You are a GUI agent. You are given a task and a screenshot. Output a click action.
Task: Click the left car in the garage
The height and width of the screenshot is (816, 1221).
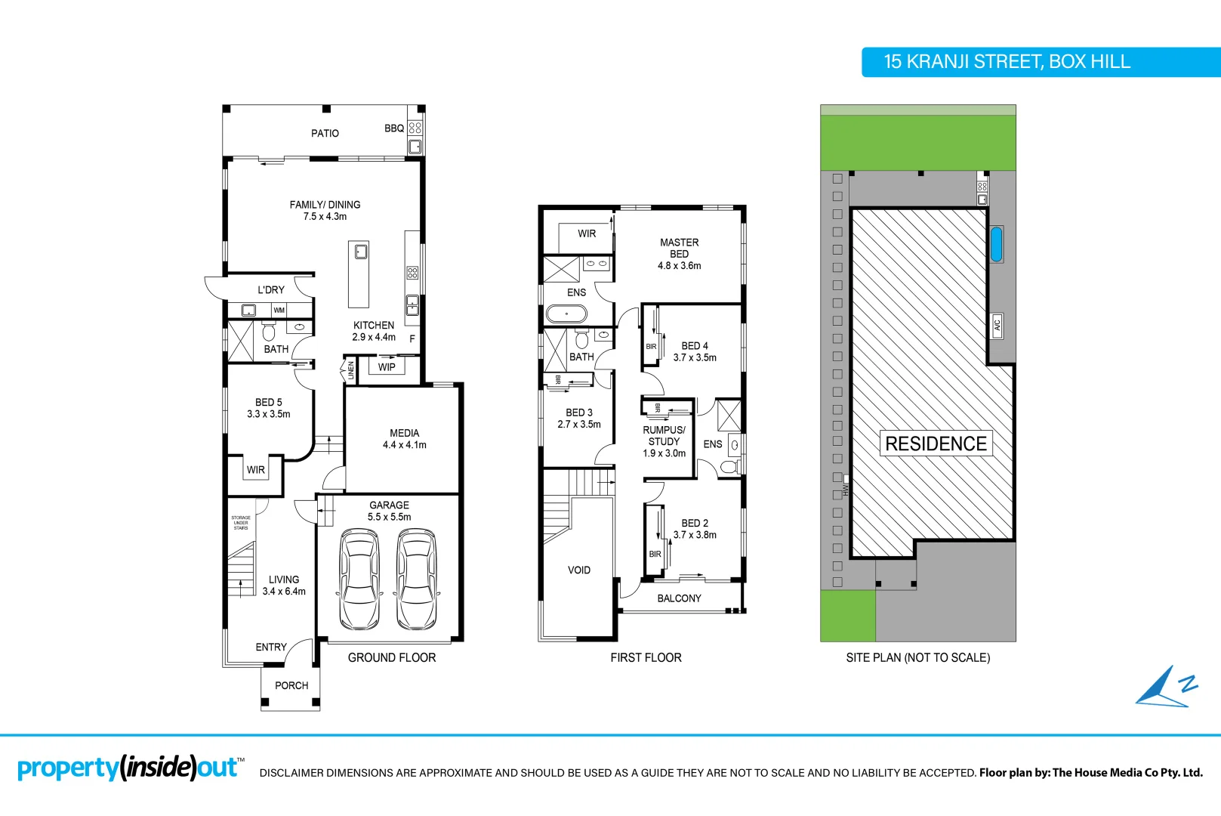click(359, 580)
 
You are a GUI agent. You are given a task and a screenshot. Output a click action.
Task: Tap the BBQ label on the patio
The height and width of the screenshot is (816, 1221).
click(393, 128)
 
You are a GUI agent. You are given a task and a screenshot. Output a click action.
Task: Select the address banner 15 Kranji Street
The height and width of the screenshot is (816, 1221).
click(1007, 62)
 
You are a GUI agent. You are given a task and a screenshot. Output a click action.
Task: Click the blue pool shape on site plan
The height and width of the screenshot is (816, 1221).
click(996, 244)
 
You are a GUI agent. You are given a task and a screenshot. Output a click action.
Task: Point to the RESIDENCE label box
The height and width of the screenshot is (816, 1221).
click(936, 444)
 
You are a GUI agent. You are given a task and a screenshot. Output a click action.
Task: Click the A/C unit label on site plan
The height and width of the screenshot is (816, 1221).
click(997, 326)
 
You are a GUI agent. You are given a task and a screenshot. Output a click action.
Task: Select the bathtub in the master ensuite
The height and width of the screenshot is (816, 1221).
click(566, 314)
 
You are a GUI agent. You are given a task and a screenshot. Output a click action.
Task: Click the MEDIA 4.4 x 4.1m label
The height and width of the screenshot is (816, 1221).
click(404, 439)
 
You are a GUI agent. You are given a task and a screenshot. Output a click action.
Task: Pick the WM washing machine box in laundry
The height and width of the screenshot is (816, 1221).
click(279, 311)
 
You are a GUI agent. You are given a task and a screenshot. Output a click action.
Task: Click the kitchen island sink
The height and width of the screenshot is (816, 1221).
click(361, 251)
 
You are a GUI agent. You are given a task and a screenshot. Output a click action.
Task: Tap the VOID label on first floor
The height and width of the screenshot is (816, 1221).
click(578, 570)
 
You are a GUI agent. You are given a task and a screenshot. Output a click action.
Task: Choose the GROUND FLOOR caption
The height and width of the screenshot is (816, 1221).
click(391, 658)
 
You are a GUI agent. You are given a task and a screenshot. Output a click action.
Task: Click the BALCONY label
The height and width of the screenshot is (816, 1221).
click(679, 598)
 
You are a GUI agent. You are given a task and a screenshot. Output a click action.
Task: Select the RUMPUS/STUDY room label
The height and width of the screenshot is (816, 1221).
click(664, 441)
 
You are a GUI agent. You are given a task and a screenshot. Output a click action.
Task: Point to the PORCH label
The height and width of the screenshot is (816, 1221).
click(291, 686)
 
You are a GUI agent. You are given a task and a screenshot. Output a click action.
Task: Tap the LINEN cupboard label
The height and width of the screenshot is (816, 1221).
click(351, 370)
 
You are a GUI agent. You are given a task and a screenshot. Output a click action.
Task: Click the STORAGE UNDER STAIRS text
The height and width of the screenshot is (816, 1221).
click(241, 523)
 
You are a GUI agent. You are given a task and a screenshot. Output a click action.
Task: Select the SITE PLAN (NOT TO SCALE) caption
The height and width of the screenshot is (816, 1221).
click(917, 658)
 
